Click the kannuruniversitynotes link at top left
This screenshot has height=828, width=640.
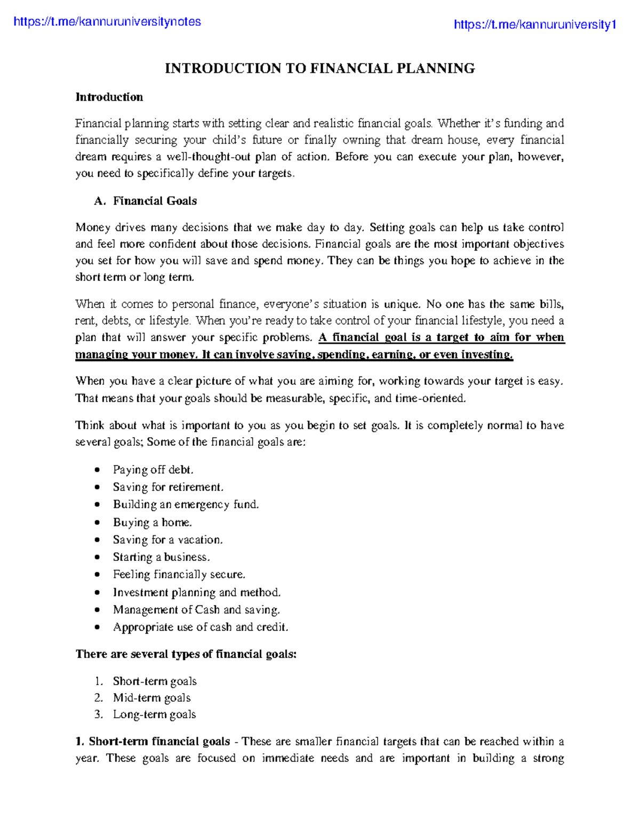pos(107,22)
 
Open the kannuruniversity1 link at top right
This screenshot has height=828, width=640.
pos(535,25)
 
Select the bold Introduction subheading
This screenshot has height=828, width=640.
pos(109,97)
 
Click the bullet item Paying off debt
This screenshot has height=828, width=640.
pos(153,470)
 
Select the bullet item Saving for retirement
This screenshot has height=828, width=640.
pos(168,487)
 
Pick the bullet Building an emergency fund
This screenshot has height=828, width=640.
pos(186,504)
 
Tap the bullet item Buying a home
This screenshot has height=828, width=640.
pos(152,522)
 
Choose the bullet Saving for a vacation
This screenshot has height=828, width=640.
pos(167,540)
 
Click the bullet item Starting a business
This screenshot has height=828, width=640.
pos(161,557)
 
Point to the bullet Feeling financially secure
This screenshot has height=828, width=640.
pos(179,575)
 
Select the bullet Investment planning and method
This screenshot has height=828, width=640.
pos(196,592)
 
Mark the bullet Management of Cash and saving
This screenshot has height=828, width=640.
pos(196,610)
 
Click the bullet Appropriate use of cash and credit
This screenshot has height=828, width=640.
pos(200,628)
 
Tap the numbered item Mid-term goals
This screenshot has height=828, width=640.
pos(151,698)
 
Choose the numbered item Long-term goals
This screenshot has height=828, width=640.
pos(154,714)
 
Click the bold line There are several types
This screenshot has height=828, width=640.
pos(186,654)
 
